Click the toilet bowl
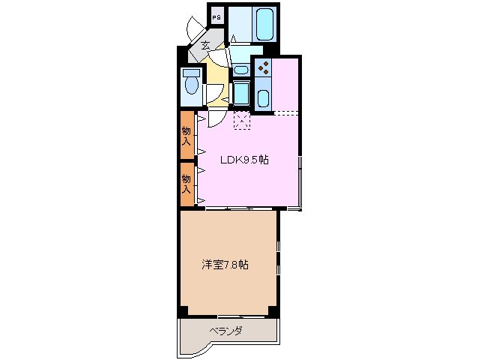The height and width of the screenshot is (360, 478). (x=191, y=90)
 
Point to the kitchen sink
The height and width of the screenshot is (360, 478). (x=264, y=98)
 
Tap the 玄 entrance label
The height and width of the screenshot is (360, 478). (x=205, y=46)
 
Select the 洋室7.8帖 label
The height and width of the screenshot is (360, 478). (x=225, y=265)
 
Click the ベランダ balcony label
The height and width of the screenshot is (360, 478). (x=226, y=330)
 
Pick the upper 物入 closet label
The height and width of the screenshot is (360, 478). (x=187, y=134)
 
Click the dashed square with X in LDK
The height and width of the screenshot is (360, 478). (x=241, y=120)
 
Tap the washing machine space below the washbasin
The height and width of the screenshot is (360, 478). (x=240, y=93)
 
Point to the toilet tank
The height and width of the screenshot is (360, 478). (x=190, y=74)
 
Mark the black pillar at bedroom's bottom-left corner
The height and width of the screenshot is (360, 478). (x=182, y=311)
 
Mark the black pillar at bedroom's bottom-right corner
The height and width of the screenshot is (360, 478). (x=274, y=310)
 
